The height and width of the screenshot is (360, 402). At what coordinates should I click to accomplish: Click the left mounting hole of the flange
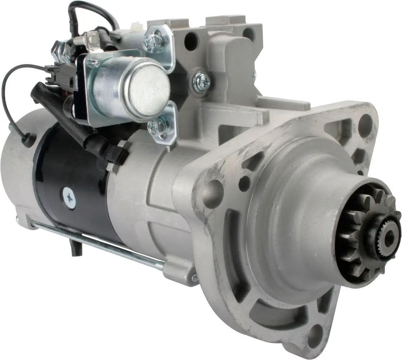(214, 190)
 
